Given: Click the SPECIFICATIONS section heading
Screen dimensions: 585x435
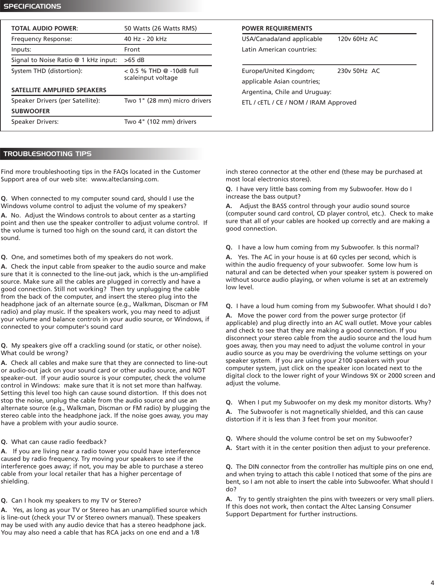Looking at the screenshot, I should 32,6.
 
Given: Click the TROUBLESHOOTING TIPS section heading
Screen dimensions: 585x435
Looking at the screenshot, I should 47,154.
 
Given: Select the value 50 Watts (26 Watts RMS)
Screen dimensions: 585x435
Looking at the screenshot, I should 160,29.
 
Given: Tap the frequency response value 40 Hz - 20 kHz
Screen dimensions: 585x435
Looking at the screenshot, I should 145,39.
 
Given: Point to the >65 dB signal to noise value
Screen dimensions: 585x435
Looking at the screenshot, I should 134,60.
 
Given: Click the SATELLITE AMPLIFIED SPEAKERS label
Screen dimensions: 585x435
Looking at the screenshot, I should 59,90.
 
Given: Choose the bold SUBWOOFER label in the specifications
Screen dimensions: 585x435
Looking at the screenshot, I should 30,111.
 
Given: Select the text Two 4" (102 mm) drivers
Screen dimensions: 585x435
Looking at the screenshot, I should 160,122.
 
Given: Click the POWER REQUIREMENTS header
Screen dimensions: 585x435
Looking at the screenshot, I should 277,29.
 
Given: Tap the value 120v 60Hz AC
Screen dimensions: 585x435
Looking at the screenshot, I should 357,39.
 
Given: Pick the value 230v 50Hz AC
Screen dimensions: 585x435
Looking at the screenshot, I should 358,71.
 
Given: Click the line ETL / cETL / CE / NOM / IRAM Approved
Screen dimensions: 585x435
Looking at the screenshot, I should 299,102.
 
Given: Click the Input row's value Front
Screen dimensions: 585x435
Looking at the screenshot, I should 132,50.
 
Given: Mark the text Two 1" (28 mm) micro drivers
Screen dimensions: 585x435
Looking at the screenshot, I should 167,101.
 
